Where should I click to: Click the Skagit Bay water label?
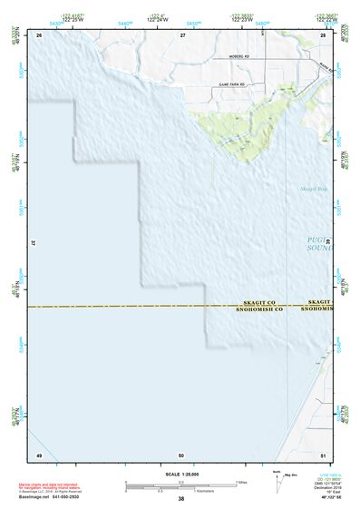click(312, 189)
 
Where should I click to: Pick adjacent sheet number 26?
click(39, 34)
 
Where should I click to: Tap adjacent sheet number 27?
click(182, 34)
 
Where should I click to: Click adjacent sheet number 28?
click(323, 34)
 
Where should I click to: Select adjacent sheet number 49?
click(39, 455)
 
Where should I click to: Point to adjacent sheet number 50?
click(181, 455)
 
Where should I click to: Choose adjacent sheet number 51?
click(323, 455)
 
